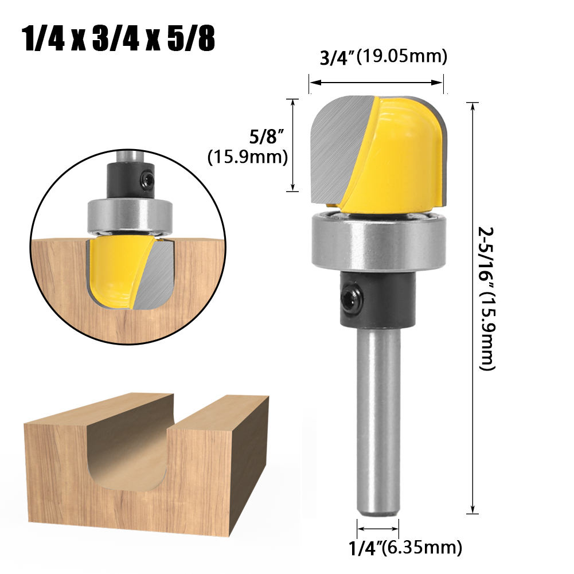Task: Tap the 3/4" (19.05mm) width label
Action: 382,58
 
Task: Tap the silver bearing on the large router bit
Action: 378,241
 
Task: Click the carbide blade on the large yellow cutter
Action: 333,146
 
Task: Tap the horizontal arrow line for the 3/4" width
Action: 376,83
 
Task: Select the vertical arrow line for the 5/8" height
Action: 294,145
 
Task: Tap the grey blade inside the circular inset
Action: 156,272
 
